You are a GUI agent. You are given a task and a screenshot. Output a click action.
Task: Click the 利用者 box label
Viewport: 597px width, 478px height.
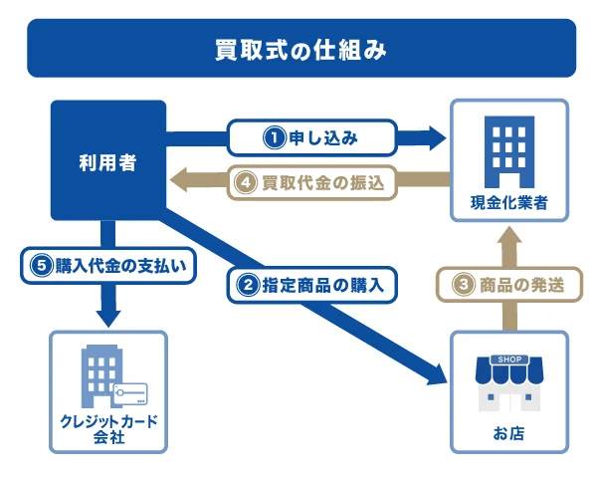(108, 160)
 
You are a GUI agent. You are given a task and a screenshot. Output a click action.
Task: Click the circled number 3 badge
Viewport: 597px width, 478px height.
(464, 285)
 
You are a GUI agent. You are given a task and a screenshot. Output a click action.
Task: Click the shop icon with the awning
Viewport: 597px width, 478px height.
(508, 382)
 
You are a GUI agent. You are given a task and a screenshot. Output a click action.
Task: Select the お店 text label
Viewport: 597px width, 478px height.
(508, 433)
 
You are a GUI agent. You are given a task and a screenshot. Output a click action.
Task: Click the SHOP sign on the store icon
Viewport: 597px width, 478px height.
(508, 359)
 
